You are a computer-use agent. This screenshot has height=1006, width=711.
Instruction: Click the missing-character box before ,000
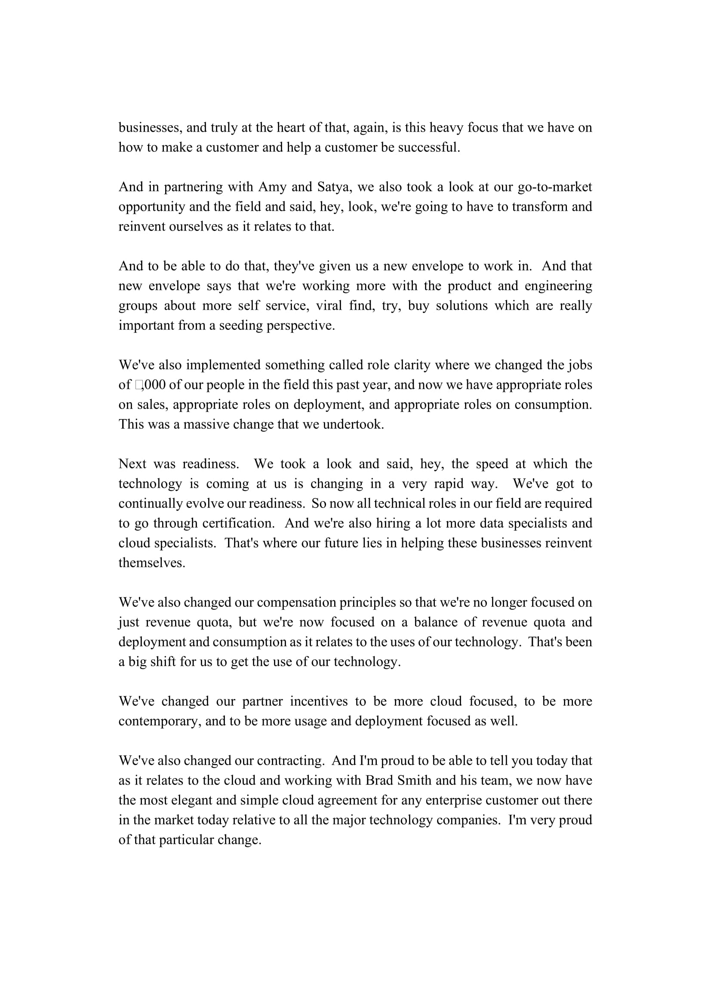pyautogui.click(x=139, y=385)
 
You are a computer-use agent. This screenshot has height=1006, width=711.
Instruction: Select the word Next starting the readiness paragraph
pyautogui.click(x=132, y=464)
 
